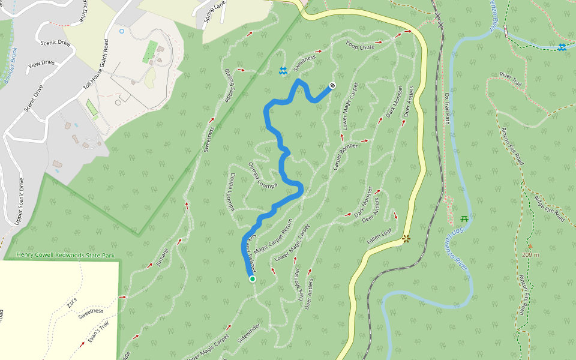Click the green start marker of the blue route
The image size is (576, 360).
tap(253, 278)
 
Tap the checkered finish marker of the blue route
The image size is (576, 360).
tap(332, 85)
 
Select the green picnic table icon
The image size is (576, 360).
tap(464, 218)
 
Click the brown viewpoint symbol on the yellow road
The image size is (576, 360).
tap(406, 239)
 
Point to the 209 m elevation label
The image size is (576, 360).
tap(530, 254)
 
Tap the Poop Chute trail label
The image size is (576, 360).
tap(360, 45)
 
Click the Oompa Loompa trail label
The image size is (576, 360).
tap(263, 175)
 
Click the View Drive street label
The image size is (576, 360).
tap(41, 62)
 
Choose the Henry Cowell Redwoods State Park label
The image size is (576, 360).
tap(65, 256)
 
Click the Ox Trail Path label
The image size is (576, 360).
tap(447, 107)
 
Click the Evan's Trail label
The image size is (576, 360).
tap(97, 331)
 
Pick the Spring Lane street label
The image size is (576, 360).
tap(213, 11)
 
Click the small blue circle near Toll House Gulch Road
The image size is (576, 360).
tap(122, 31)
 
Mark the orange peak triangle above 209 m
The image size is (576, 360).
tap(530, 246)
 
